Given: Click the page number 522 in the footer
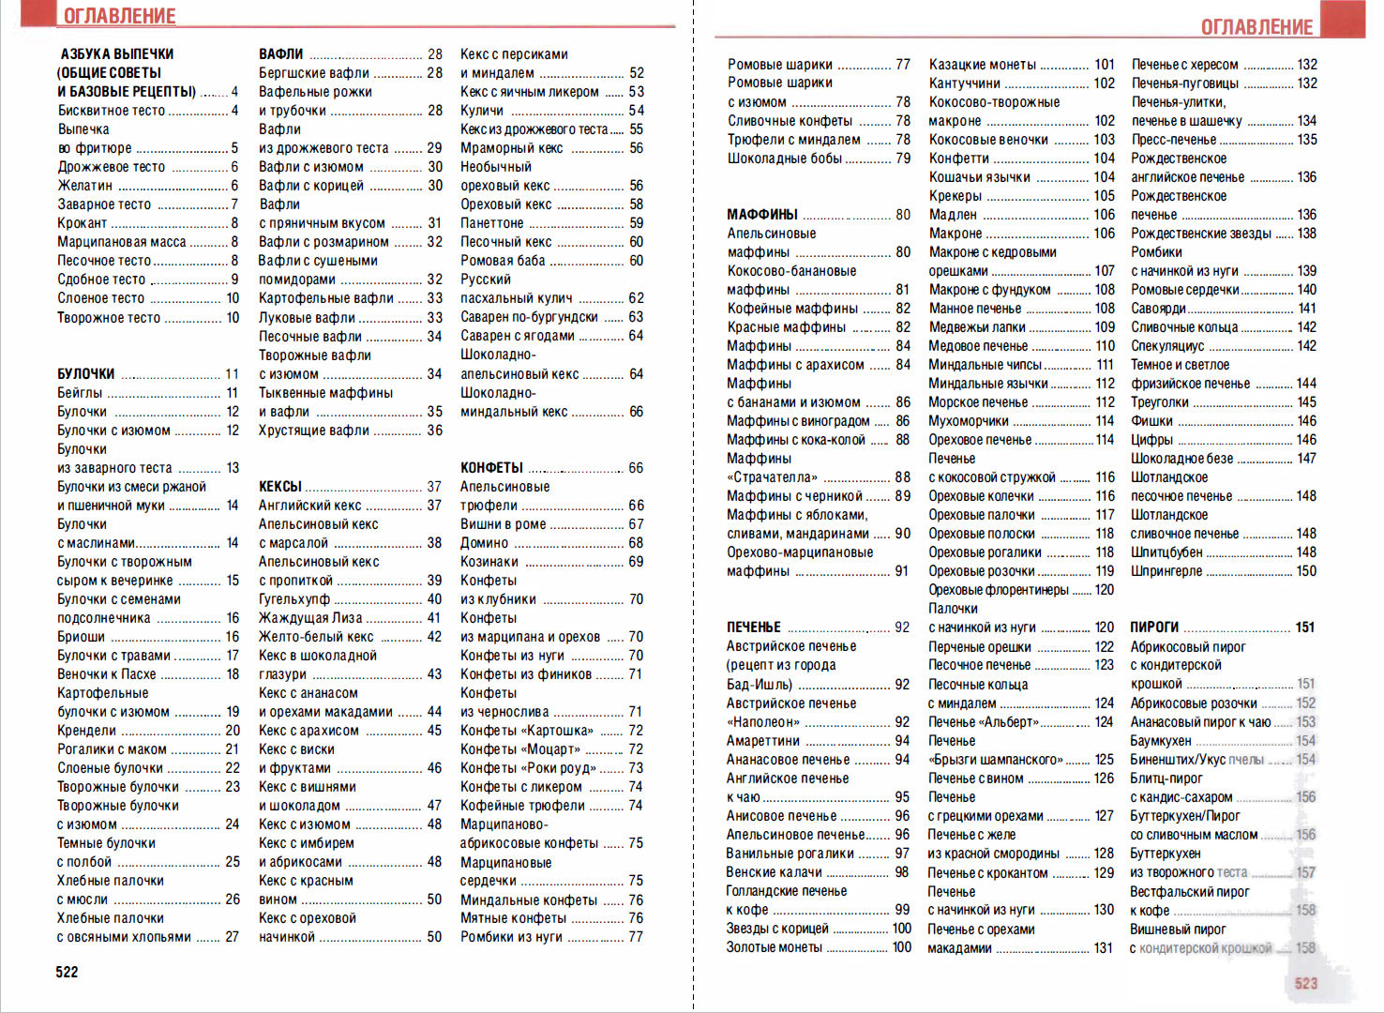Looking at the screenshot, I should pos(67,972).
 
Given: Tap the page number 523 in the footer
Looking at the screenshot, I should pos(1305,983).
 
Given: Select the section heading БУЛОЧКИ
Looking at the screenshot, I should pos(86,373).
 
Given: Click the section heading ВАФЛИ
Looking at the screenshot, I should pos(281,54).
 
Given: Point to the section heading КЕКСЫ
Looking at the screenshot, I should pos(280,486).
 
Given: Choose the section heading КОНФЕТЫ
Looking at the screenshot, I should pos(491,467).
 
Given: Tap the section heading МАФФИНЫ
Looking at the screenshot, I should pos(762,214).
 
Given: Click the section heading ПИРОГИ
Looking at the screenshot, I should pos(1154,627).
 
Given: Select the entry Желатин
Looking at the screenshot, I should pos(85,186).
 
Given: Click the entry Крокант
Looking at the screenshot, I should pos(83,223).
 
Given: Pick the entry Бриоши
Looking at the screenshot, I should pos(82,636).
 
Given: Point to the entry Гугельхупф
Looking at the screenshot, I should pos(294,598).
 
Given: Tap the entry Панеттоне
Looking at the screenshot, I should pos(492,223).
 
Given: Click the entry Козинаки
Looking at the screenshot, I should pos(489,561).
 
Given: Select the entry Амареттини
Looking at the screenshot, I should pos(763,740).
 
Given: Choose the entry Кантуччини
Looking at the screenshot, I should pos(965,83).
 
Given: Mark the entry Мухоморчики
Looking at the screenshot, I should pos(969,420).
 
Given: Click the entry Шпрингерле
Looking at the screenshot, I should pos(1166,570).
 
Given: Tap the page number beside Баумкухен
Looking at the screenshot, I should pos(1305,740).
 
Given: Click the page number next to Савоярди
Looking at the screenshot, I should pos(1306,308).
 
